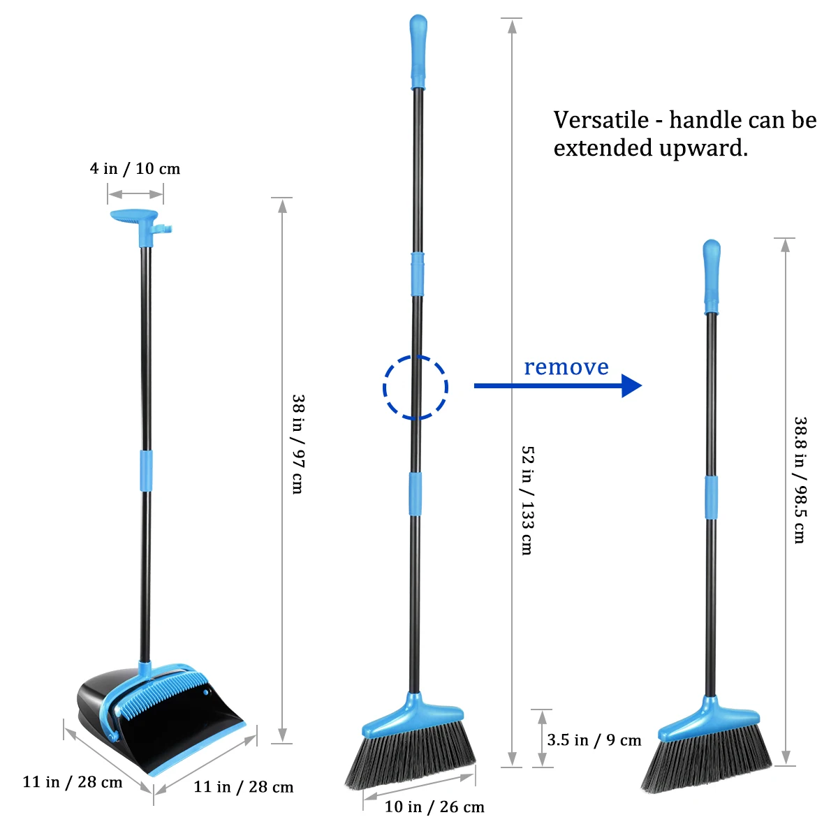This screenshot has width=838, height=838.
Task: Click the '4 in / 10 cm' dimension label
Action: click(x=135, y=168)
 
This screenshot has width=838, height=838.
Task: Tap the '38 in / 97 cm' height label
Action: click(x=297, y=444)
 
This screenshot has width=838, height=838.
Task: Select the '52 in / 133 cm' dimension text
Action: click(x=527, y=500)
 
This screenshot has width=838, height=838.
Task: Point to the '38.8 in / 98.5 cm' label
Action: click(x=800, y=480)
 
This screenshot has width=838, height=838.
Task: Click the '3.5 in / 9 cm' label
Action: click(x=594, y=740)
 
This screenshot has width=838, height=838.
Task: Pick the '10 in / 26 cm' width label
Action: click(x=434, y=807)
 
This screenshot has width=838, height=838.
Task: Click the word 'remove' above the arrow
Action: click(x=566, y=367)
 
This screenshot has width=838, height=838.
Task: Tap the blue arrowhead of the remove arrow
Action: click(x=630, y=385)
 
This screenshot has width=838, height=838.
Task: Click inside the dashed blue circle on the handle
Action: click(x=416, y=387)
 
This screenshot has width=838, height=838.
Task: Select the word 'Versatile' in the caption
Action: click(x=601, y=120)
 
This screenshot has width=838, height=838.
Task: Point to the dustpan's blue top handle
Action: click(x=134, y=216)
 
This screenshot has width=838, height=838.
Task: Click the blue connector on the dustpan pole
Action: click(x=146, y=471)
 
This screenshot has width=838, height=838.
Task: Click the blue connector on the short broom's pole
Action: click(x=711, y=497)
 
